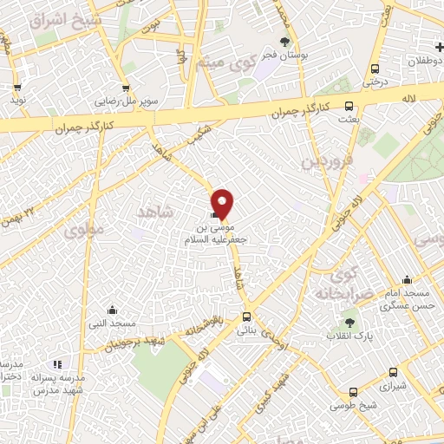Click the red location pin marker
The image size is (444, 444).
pyautogui.click(x=223, y=203)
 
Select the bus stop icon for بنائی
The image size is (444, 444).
pyautogui.click(x=247, y=317)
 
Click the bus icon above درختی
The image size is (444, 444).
pyautogui.click(x=374, y=69)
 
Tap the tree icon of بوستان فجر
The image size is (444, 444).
pyautogui.click(x=285, y=41)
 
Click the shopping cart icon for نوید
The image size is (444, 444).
pyautogui.click(x=16, y=88)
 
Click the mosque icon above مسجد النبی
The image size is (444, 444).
pyautogui.click(x=111, y=310)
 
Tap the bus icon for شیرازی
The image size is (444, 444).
pyautogui.click(x=352, y=392)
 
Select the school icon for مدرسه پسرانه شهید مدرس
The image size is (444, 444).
pyautogui.click(x=58, y=365)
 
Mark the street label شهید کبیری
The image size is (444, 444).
pyautogui.click(x=278, y=388)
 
